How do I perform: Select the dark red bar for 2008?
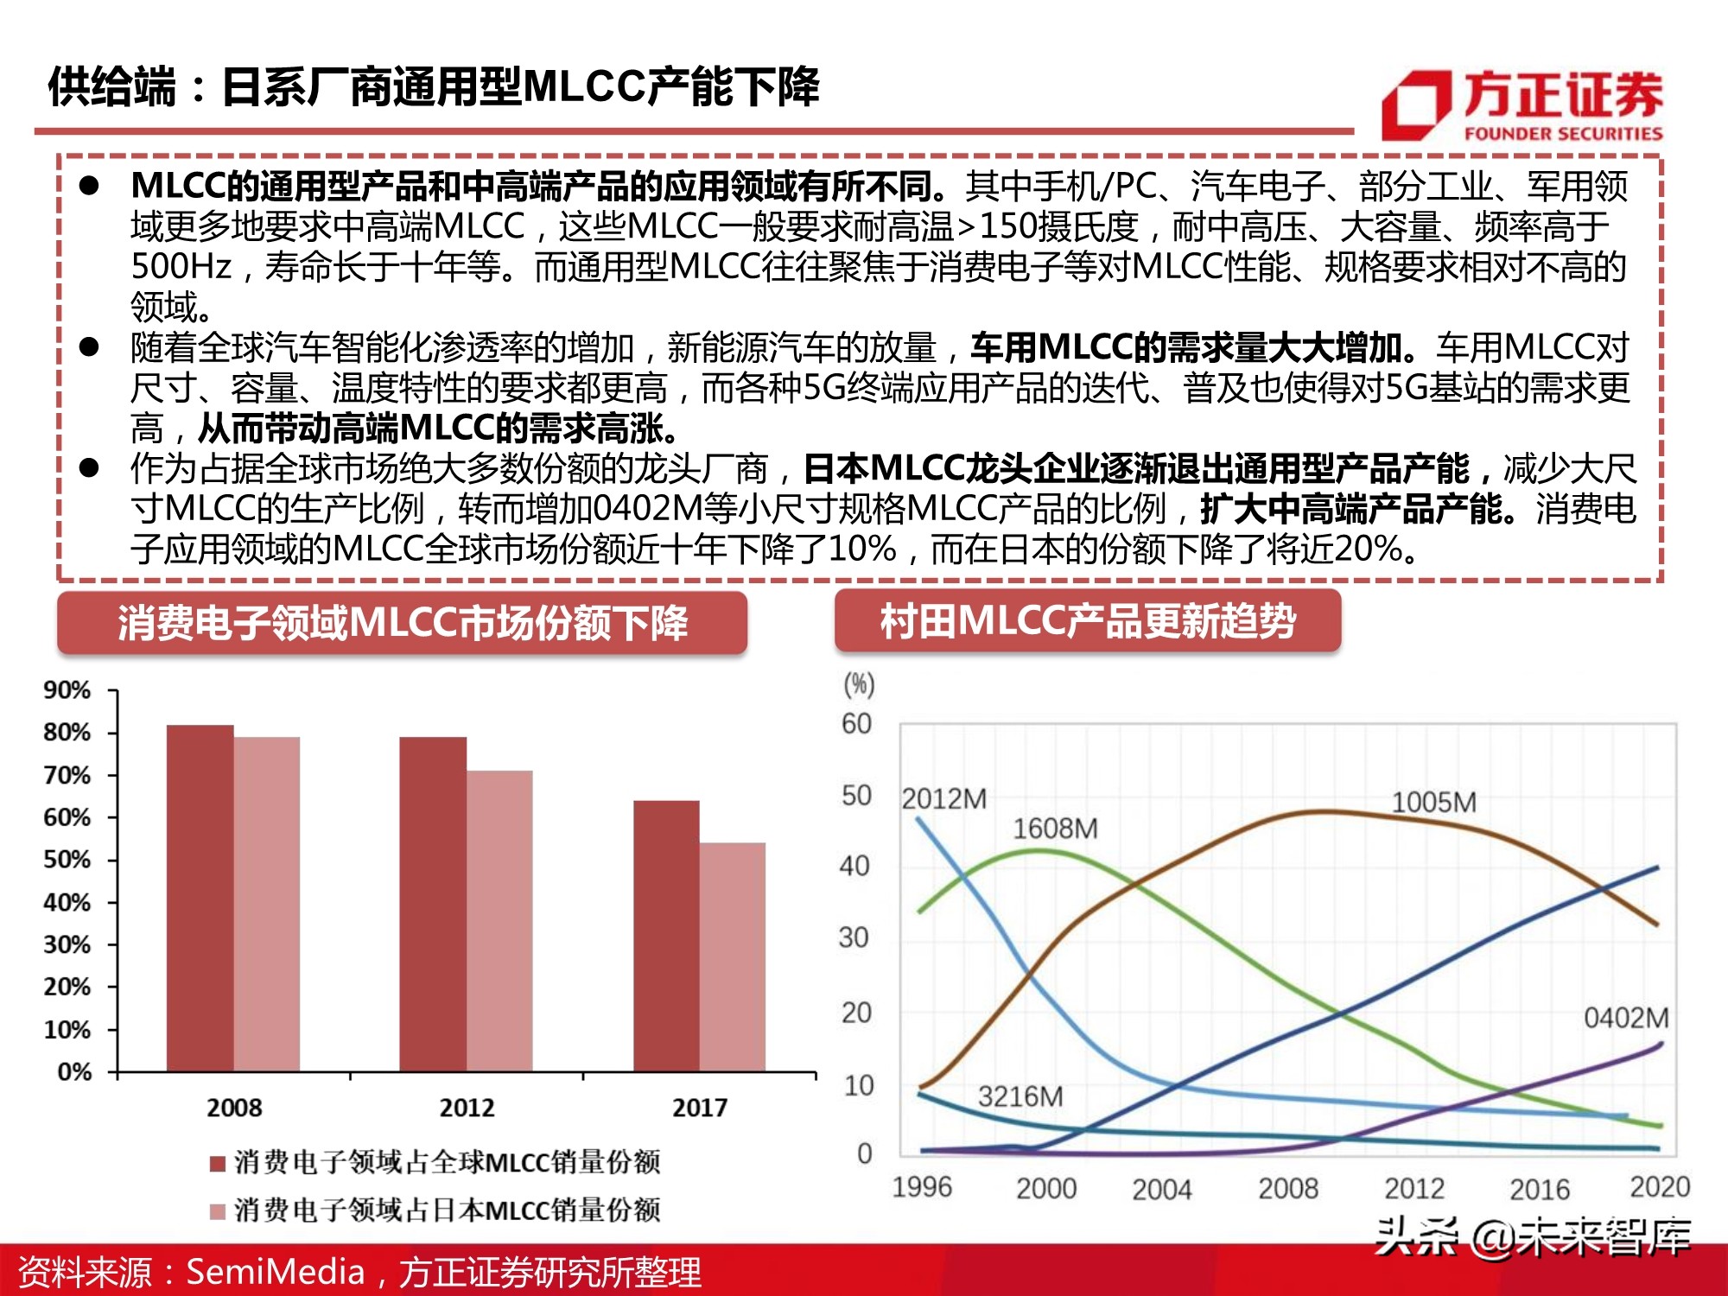click(200, 899)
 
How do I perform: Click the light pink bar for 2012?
click(499, 920)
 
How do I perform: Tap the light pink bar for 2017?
click(732, 956)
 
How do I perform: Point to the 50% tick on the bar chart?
click(67, 860)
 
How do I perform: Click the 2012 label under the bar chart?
click(467, 1108)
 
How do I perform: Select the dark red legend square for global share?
click(218, 1163)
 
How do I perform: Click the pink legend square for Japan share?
click(218, 1211)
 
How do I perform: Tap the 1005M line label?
click(1433, 802)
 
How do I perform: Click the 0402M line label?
click(1625, 1018)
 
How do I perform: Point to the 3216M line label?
click(1020, 1096)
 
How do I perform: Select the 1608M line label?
click(1055, 829)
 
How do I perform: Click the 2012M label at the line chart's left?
click(943, 798)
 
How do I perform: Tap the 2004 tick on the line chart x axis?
click(1161, 1189)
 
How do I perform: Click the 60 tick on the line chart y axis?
click(856, 723)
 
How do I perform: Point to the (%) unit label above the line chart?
click(859, 684)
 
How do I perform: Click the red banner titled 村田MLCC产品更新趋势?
click(1087, 621)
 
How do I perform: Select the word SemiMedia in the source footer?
click(276, 1272)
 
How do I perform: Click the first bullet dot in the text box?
click(89, 186)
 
